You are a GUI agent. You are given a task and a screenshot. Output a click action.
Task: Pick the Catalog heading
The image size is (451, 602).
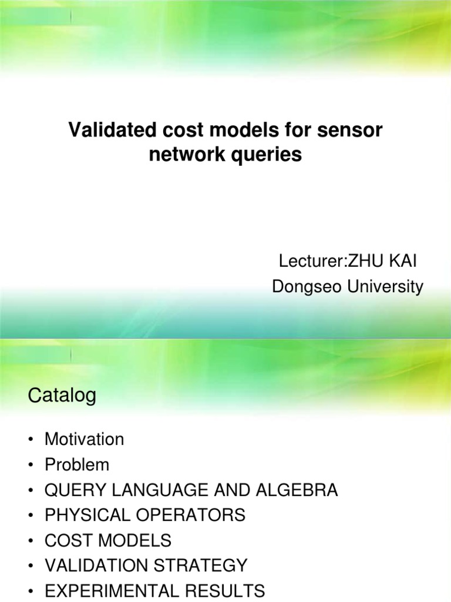tap(62, 396)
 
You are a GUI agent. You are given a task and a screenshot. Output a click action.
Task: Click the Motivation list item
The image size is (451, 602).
tap(84, 439)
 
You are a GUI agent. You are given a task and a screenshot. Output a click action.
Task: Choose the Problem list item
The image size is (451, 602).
tap(77, 464)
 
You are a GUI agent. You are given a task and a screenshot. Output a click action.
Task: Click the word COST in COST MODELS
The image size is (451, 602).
tap(66, 540)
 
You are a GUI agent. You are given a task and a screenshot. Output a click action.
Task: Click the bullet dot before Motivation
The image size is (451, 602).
tap(31, 440)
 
